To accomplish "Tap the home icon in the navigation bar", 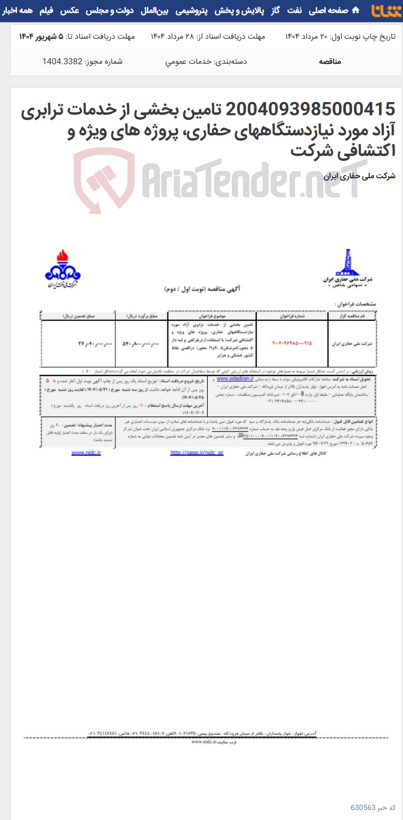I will pos(356,10).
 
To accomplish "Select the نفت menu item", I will pos(294,10).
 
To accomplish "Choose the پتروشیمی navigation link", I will pos(191,10).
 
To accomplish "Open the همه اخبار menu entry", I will pos(17,10).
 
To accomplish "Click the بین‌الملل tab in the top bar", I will pos(154,10).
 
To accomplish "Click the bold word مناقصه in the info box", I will pos(329,61).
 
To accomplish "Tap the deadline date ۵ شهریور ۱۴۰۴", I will pos(41,36).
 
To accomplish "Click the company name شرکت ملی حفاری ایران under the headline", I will pos(359,176).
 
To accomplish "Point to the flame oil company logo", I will pos(62,268).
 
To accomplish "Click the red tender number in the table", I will pos(292,343).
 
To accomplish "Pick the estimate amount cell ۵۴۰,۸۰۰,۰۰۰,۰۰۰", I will pos(140,344).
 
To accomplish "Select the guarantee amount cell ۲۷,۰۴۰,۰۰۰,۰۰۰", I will pos(77,344).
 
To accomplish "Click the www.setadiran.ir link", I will pos(235,379).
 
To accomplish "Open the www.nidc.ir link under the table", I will pos(86,452).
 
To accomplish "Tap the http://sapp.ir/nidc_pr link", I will pos(196,452).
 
